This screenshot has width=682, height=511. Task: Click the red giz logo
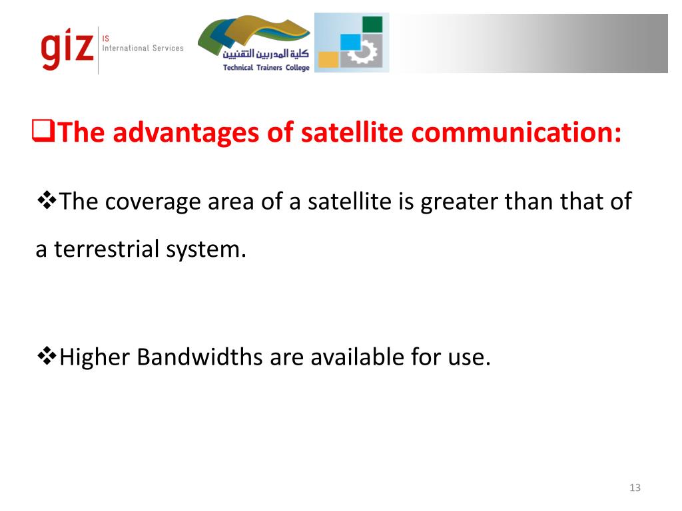(67, 49)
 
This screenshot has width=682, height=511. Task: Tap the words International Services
(142, 49)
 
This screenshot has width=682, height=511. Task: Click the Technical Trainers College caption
(266, 68)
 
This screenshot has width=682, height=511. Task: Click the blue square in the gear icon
(350, 42)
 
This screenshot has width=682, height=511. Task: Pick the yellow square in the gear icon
(328, 59)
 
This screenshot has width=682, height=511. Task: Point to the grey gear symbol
(363, 53)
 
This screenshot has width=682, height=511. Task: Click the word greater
(460, 201)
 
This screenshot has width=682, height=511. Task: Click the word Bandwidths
(200, 357)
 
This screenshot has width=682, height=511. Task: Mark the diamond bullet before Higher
(46, 356)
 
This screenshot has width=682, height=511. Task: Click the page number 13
(635, 488)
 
